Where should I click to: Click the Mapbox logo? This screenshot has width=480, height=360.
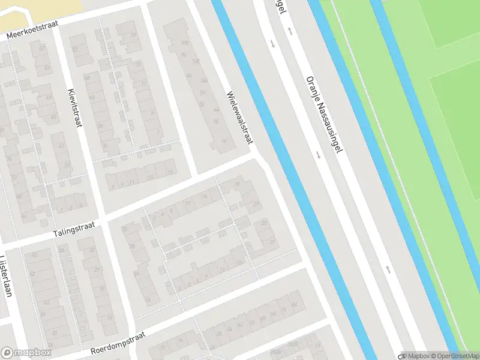[26, 353]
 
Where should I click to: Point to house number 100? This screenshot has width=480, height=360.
[184, 43]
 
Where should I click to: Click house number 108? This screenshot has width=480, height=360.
[195, 61]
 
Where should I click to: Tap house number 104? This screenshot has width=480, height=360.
[203, 80]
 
